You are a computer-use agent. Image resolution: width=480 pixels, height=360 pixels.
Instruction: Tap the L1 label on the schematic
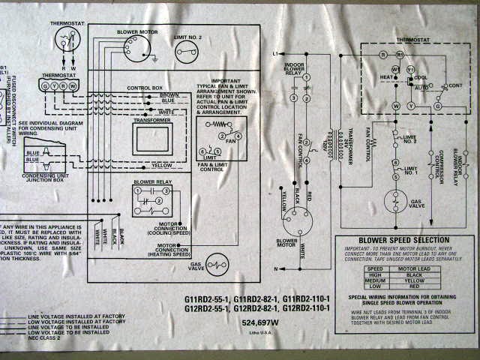point(275,54)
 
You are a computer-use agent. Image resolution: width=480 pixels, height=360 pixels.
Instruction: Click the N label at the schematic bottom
point(276,268)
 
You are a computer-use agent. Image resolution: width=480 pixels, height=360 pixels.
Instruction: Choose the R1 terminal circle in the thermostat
point(400,55)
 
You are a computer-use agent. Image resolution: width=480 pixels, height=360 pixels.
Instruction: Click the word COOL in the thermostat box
point(421,77)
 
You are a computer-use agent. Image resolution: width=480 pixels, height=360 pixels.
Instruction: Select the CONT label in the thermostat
point(454,86)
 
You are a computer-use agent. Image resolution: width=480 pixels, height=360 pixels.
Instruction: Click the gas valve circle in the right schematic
point(394,202)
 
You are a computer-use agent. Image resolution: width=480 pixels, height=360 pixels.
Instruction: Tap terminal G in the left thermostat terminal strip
point(46,85)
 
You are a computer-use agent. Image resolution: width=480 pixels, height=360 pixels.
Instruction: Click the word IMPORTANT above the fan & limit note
point(225,81)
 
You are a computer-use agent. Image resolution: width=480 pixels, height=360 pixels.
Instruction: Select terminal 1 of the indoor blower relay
point(306,78)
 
